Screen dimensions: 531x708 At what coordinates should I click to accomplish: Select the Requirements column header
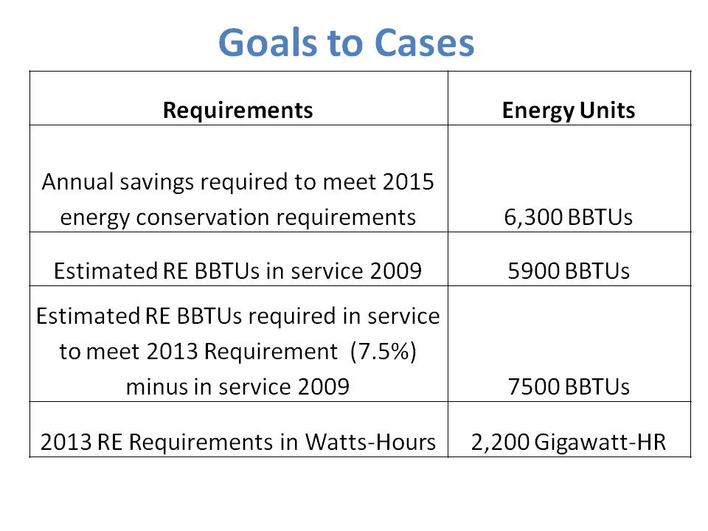tap(237, 111)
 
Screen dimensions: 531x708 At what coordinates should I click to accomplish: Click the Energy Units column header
tap(569, 111)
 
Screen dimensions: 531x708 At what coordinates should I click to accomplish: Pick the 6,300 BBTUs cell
tap(569, 218)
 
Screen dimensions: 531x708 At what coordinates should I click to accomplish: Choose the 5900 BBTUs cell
tap(569, 271)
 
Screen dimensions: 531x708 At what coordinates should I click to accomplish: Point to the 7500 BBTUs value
tap(569, 387)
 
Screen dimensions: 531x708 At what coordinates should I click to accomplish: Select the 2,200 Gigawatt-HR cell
tap(569, 442)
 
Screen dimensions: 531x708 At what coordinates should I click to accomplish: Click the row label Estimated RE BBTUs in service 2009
tap(237, 271)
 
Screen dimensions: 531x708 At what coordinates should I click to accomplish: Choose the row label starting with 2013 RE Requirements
tap(237, 442)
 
